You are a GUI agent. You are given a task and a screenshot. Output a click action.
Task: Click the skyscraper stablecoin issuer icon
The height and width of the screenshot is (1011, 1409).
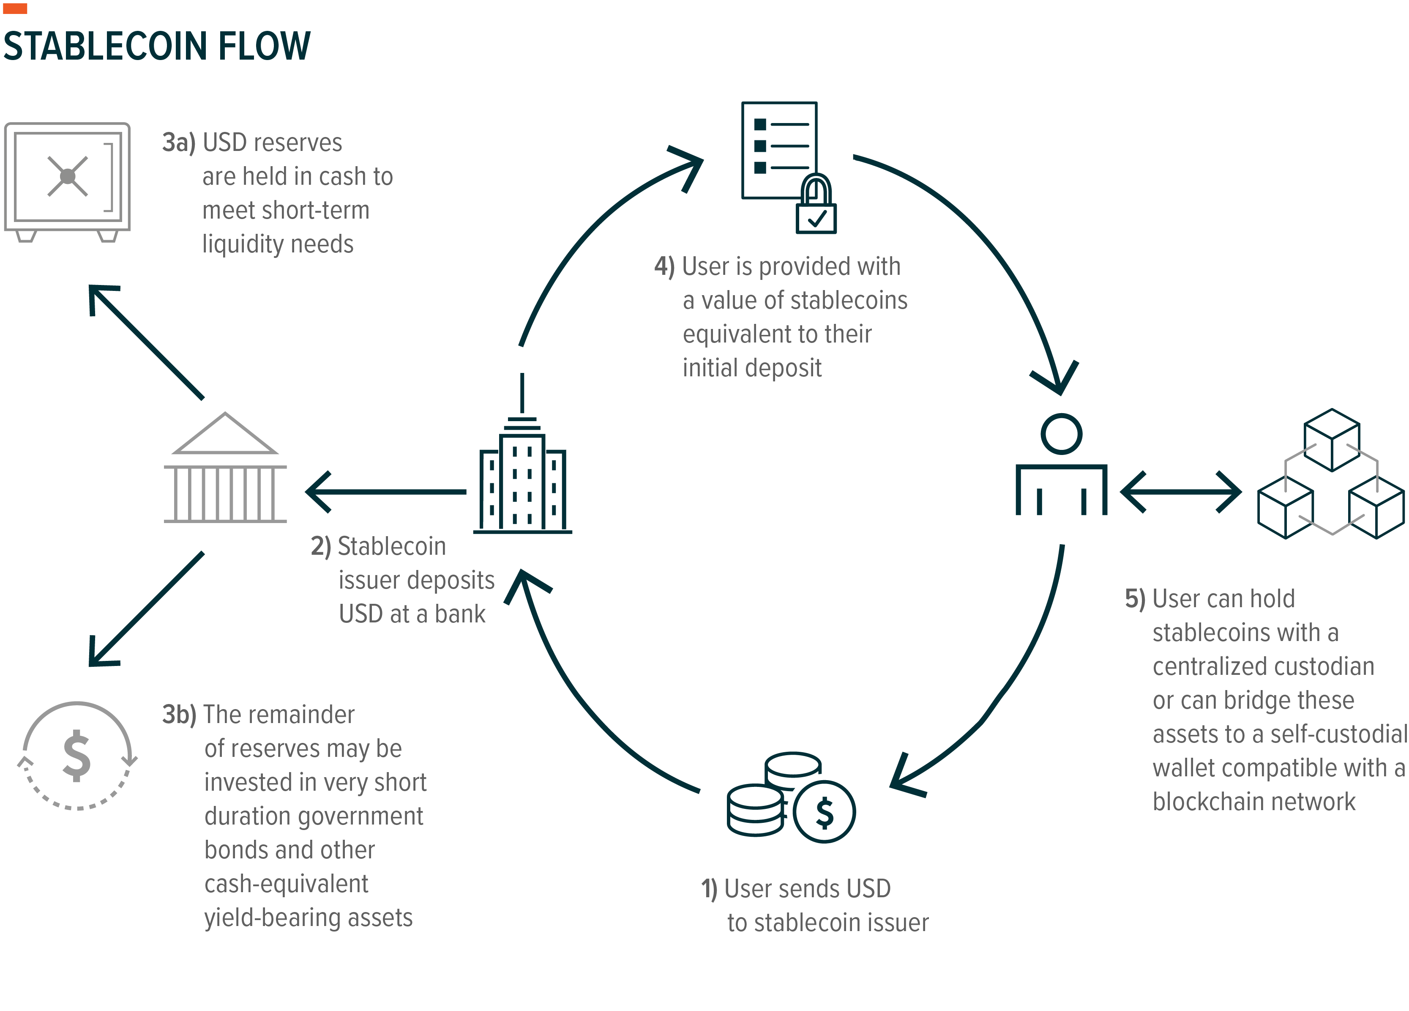pyautogui.click(x=522, y=479)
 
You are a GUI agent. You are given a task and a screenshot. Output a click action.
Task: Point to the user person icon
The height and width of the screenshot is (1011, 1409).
pyautogui.click(x=1061, y=466)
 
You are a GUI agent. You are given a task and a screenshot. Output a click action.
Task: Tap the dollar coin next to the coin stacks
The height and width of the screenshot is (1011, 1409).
pyautogui.click(x=825, y=811)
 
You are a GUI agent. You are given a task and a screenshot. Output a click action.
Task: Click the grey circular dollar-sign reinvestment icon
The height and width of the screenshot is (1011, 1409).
pyautogui.click(x=77, y=756)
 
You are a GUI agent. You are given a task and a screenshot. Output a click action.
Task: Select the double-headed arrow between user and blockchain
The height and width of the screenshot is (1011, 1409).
pyautogui.click(x=1180, y=491)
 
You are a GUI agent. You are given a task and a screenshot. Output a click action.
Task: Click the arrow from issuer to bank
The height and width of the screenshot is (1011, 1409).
pyautogui.click(x=385, y=491)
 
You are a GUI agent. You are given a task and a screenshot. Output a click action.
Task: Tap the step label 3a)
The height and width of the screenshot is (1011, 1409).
pyautogui.click(x=178, y=143)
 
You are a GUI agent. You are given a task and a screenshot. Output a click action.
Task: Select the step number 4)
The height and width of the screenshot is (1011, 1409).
pyautogui.click(x=664, y=266)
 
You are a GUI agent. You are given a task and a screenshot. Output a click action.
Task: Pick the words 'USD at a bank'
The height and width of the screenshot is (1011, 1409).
pyautogui.click(x=412, y=614)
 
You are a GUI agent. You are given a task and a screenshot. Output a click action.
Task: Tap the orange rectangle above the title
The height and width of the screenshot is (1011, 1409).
pyautogui.click(x=15, y=8)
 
